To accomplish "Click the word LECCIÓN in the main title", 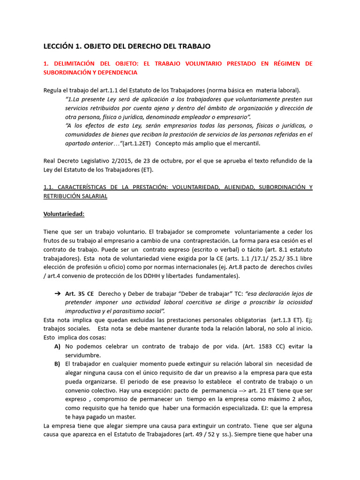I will pyautogui.click(x=59, y=46).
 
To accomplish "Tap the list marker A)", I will pyautogui.click(x=57, y=346).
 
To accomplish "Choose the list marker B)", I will pyautogui.click(x=57, y=364).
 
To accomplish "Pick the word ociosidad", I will pyautogui.click(x=296, y=302).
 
